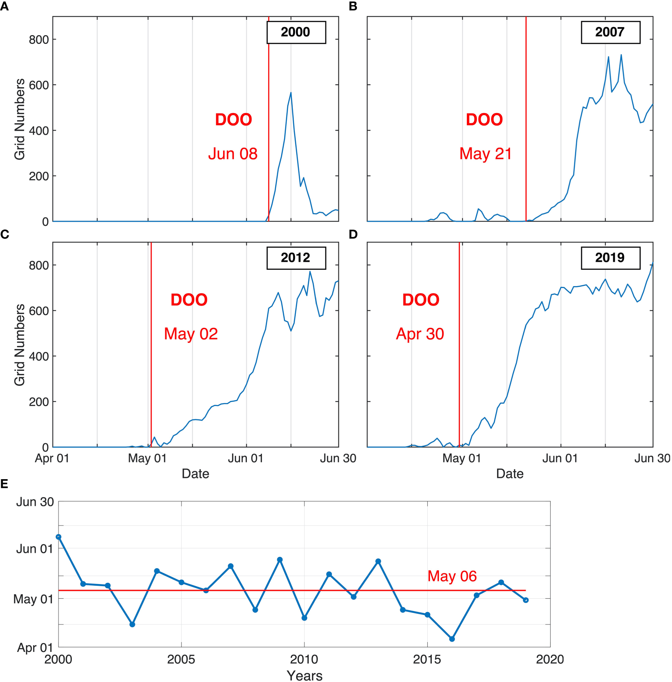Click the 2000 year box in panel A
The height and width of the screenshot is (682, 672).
296,32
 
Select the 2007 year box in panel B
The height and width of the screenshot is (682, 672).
610,32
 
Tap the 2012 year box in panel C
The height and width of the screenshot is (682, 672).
296,258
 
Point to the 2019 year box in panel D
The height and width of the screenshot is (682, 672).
610,258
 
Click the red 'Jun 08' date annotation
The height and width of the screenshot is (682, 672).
233,154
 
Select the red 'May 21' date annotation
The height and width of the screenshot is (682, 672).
485,154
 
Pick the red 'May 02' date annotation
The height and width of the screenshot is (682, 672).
191,334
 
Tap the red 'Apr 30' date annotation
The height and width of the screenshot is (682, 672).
420,334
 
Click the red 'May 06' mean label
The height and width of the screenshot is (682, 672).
452,576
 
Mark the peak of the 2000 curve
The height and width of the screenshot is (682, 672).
291,92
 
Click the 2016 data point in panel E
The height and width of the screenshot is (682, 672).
452,639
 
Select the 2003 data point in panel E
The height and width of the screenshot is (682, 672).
132,624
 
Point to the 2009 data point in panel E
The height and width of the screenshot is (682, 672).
280,560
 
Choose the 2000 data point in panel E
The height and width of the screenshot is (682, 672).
58,537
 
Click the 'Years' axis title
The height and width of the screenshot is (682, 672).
304,676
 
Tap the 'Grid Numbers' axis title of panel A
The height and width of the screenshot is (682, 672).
20,119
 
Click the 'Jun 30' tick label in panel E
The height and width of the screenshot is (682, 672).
35,502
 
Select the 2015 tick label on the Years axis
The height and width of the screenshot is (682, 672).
427,659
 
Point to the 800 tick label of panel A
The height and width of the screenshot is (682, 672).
39,40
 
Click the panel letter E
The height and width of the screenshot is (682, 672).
4,484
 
